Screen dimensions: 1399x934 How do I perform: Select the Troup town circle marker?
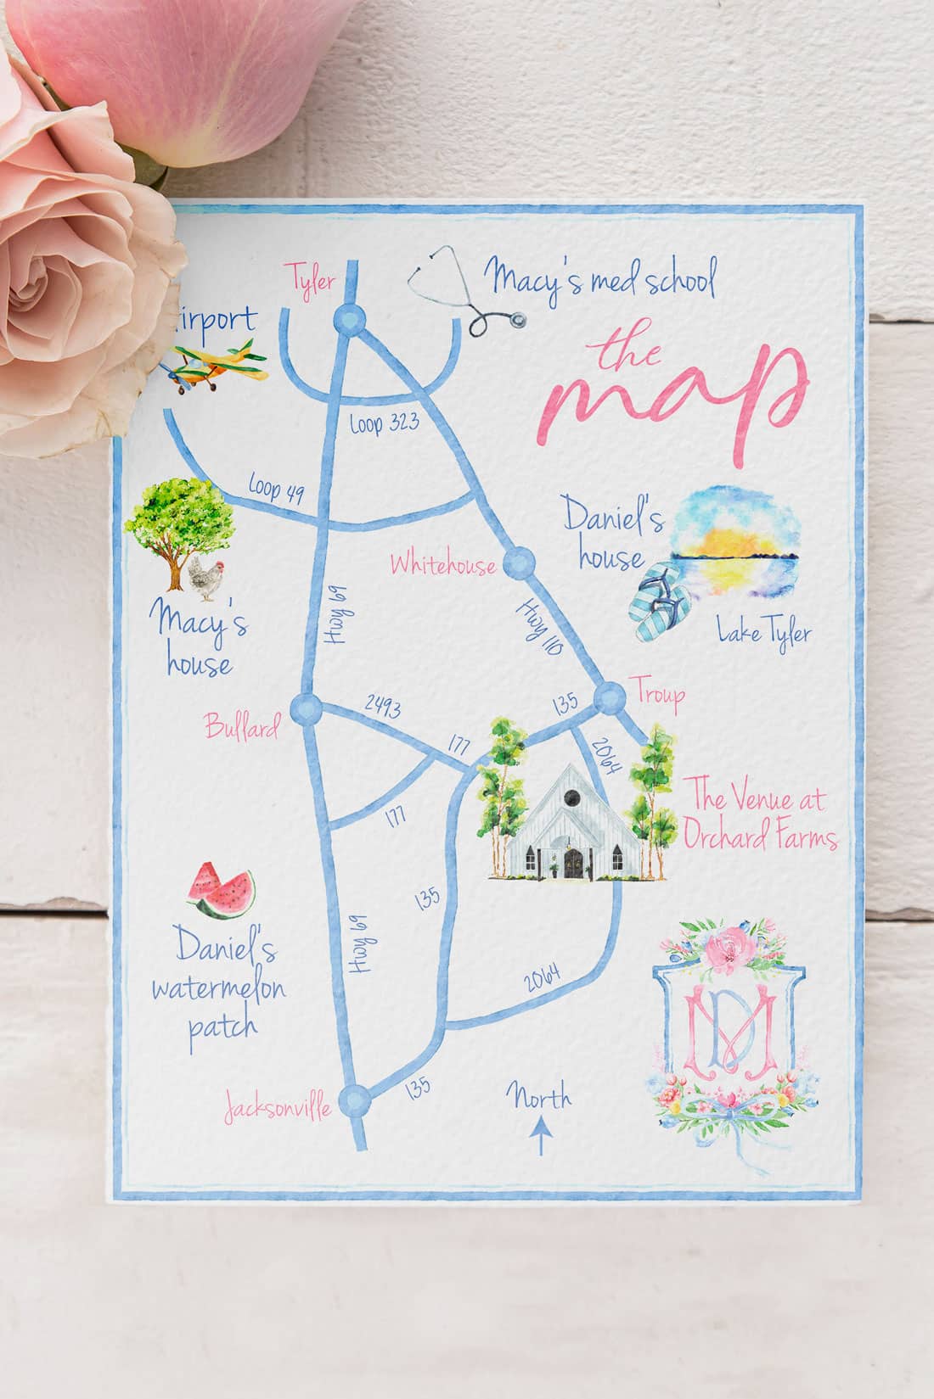[x=609, y=700]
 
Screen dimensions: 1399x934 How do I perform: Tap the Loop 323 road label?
[x=385, y=426]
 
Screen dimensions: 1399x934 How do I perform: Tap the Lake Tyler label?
[x=763, y=633]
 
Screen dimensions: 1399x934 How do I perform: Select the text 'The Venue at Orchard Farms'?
[x=762, y=819]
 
